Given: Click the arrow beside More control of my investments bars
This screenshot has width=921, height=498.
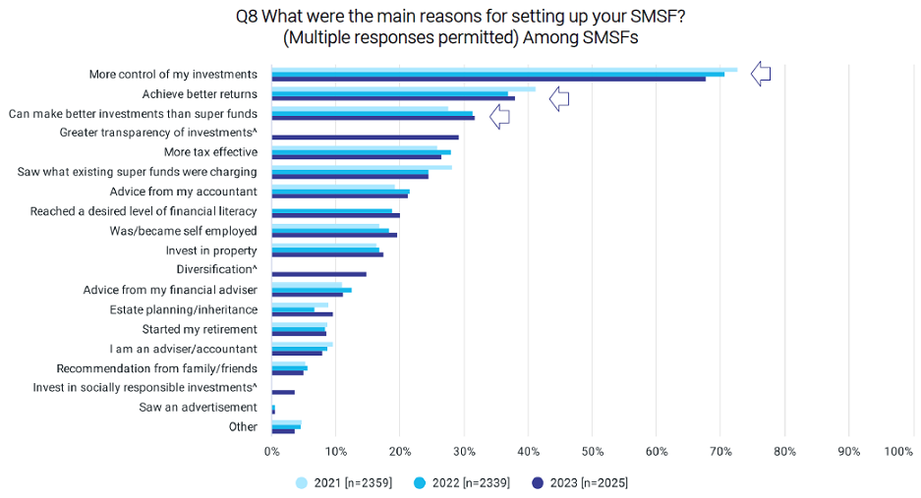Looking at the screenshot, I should pyautogui.click(x=761, y=74).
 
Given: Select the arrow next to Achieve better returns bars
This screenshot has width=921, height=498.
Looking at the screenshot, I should pyautogui.click(x=559, y=97).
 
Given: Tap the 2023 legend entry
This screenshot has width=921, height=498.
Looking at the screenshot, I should pyautogui.click(x=579, y=482).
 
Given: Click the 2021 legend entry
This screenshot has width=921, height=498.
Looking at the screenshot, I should pyautogui.click(x=343, y=482).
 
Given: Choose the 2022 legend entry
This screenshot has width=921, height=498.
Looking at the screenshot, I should pyautogui.click(x=461, y=482).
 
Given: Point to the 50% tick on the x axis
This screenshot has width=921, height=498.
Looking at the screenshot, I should pyautogui.click(x=593, y=452).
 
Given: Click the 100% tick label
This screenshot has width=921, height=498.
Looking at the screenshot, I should pyautogui.click(x=898, y=452).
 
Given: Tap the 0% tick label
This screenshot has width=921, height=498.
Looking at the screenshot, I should pyautogui.click(x=272, y=452).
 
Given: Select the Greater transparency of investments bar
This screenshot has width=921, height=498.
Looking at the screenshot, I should pyautogui.click(x=365, y=138).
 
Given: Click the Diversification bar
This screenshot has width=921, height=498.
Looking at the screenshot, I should pyautogui.click(x=318, y=274).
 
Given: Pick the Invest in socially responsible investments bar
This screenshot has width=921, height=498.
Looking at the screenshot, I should pyautogui.click(x=283, y=392).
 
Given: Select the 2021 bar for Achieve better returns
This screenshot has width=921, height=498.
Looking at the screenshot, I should pyautogui.click(x=403, y=88).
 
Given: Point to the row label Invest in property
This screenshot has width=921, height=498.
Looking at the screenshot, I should pyautogui.click(x=211, y=250).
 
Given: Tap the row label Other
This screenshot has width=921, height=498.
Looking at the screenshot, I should pyautogui.click(x=242, y=427).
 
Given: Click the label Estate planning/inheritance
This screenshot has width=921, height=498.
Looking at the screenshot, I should pyautogui.click(x=184, y=309).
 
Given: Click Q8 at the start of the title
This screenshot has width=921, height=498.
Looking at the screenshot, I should pyautogui.click(x=248, y=17).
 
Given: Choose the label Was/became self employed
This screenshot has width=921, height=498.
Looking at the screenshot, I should pyautogui.click(x=183, y=231).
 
